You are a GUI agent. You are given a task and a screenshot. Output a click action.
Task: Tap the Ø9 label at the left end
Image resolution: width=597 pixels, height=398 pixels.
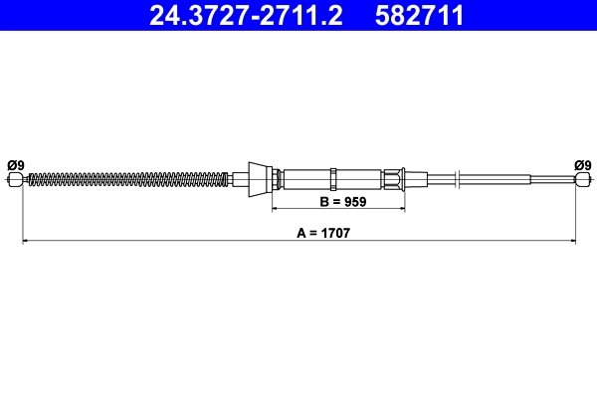point(15,164)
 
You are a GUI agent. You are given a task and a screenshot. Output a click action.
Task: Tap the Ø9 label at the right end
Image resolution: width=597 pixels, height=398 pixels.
point(583,164)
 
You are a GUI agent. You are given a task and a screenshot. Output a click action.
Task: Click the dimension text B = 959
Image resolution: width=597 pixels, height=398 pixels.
point(339,202)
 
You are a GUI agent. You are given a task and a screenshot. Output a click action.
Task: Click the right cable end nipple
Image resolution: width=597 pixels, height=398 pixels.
point(582,179)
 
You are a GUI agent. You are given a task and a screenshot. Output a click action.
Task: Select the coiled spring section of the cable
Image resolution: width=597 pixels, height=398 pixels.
point(129,179)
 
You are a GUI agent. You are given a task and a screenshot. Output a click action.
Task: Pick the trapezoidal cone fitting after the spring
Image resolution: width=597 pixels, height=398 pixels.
point(261,179)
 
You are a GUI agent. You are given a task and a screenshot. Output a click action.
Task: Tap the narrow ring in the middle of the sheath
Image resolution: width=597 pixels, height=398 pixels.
point(335,179)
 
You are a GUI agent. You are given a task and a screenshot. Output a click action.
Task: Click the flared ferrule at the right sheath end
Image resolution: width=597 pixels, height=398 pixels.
point(397,179)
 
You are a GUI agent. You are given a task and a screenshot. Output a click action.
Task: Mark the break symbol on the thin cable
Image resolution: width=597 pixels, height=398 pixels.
point(455,179)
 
